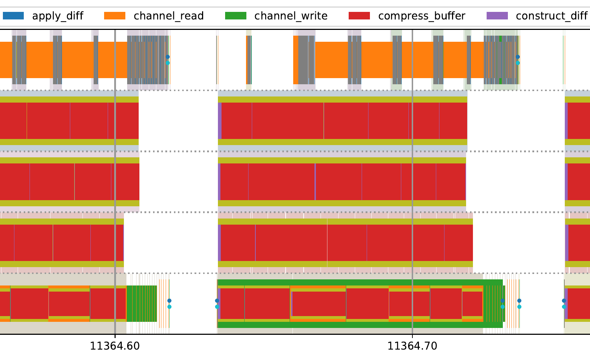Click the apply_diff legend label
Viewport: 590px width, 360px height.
pos(58,16)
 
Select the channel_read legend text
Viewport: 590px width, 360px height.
pos(169,16)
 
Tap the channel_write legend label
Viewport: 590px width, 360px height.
pos(291,16)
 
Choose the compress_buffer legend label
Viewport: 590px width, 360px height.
pos(421,16)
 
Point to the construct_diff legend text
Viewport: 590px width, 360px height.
pos(551,16)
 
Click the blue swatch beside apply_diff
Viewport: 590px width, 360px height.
pos(13,16)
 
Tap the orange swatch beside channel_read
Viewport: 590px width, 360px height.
pos(115,16)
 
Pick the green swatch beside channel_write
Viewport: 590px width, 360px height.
pos(236,16)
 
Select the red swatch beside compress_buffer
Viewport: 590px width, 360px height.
pos(359,16)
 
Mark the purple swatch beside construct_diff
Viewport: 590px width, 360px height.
pos(497,16)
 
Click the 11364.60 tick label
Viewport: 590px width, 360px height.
pos(115,346)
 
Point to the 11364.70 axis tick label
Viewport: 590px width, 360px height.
pos(412,346)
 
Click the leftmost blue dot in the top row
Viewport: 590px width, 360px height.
pos(167,57)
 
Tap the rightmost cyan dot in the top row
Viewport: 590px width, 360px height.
pos(518,63)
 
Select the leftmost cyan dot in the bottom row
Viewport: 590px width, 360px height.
pos(169,307)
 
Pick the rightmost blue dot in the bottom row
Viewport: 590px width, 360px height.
pos(564,301)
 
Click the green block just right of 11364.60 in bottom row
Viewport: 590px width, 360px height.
pos(141,303)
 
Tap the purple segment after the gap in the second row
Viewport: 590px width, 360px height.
pos(220,121)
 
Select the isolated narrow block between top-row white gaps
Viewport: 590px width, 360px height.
pos(249,60)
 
